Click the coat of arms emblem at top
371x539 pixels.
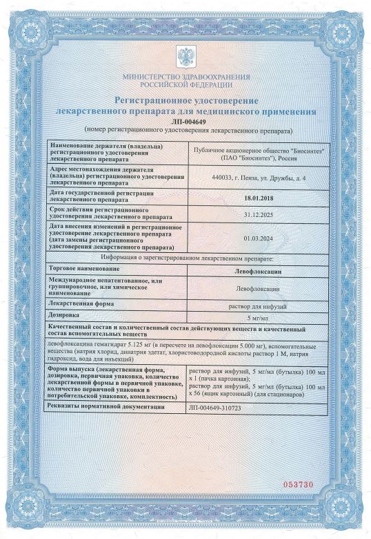pyautogui.click(x=186, y=57)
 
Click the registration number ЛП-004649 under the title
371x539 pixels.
pyautogui.click(x=186, y=121)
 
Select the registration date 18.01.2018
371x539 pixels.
pyautogui.click(x=259, y=198)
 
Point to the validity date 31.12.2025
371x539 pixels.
pyautogui.click(x=259, y=215)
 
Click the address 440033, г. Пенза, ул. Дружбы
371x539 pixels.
pyautogui.click(x=259, y=178)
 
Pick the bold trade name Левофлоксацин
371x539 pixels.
pyautogui.click(x=259, y=268)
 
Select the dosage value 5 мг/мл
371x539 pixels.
pyautogui.click(x=259, y=317)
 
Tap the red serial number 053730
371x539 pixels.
pyautogui.click(x=299, y=485)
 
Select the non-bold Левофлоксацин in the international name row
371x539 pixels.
pyautogui.click(x=259, y=286)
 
